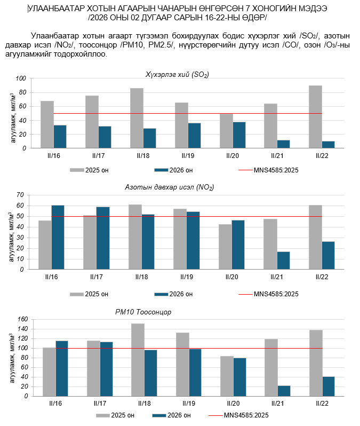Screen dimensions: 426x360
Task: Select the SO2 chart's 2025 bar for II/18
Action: click(137, 118)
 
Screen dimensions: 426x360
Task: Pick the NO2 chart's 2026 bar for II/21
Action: click(284, 260)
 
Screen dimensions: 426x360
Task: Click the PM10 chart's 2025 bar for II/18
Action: click(138, 360)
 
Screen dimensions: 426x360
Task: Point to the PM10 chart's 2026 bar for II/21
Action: click(284, 391)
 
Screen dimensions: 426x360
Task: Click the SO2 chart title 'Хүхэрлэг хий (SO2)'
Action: click(178, 74)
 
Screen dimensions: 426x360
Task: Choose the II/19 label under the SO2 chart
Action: click(188, 156)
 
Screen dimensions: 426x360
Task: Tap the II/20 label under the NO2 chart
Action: click(232, 277)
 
